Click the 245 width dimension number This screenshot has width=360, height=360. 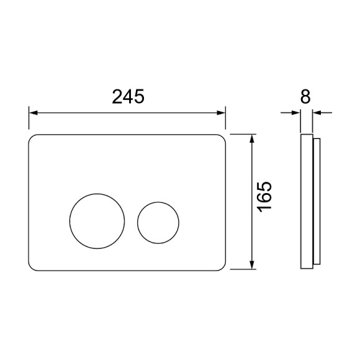click(x=128, y=97)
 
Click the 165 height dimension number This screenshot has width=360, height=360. click(x=264, y=197)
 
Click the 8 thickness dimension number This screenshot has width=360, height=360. click(x=305, y=97)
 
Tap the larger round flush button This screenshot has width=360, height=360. click(x=70, y=221)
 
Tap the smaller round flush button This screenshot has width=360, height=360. click(x=138, y=223)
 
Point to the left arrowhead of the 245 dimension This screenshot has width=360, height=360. click(x=34, y=113)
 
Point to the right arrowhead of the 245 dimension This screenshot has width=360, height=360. click(x=221, y=113)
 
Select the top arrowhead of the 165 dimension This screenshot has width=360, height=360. click(x=253, y=138)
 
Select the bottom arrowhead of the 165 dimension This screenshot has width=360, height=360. click(x=253, y=264)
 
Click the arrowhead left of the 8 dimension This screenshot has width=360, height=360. click(x=295, y=113)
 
